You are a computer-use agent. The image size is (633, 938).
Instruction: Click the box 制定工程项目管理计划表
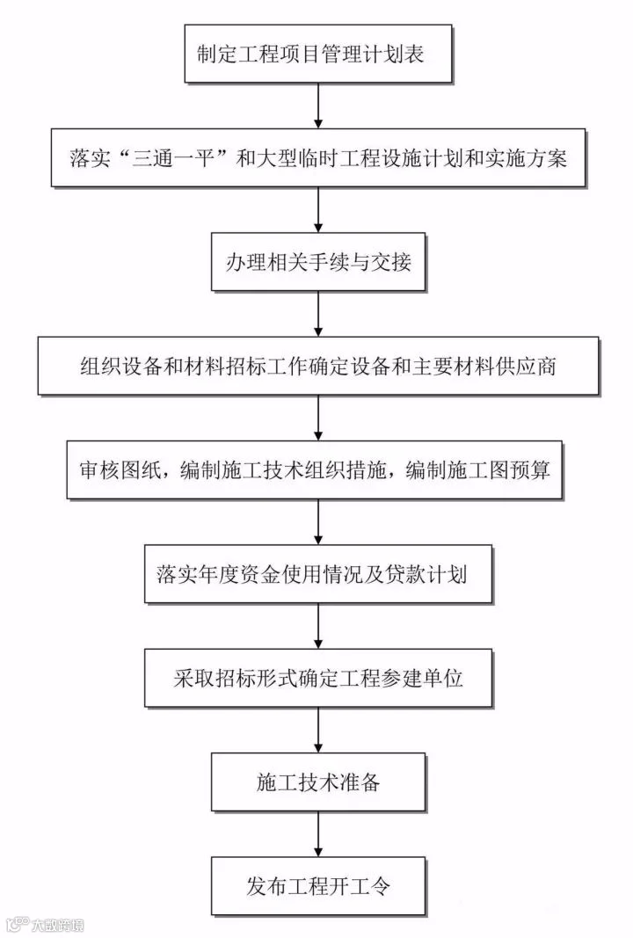(x=317, y=55)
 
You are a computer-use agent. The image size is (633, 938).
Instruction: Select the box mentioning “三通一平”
(x=317, y=159)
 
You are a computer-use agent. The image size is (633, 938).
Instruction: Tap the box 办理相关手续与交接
(x=317, y=262)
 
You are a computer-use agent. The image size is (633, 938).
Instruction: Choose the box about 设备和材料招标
(x=317, y=366)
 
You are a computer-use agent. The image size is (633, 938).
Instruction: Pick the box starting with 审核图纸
(x=317, y=470)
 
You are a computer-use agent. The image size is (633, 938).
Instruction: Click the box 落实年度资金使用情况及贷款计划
(x=317, y=575)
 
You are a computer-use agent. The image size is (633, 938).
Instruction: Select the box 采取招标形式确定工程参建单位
(x=317, y=679)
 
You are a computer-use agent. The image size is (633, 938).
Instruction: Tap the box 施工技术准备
(x=317, y=782)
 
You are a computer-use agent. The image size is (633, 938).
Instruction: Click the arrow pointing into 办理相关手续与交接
(x=317, y=211)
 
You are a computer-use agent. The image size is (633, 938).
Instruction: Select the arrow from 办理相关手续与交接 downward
(x=317, y=314)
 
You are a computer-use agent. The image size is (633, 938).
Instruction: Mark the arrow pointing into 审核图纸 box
(x=317, y=418)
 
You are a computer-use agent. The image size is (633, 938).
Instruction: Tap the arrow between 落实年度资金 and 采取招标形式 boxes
(x=317, y=627)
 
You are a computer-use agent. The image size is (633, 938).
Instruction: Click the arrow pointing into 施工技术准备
(x=317, y=731)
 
